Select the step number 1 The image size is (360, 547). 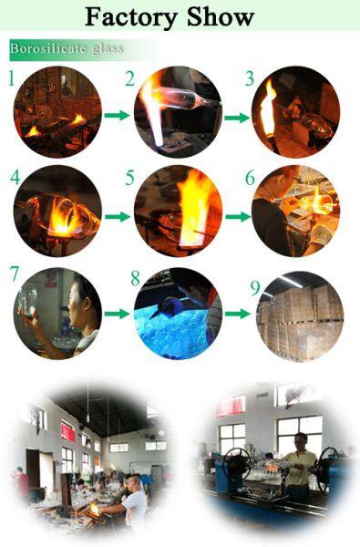(12, 78)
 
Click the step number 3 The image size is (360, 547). (250, 78)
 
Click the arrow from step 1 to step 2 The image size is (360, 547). (115, 116)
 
